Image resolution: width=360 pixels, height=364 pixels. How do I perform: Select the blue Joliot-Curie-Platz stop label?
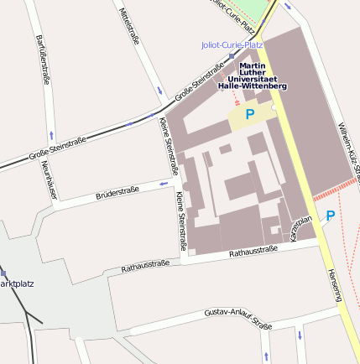pos(232,44)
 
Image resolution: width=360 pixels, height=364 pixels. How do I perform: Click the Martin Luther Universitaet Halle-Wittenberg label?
pos(252,75)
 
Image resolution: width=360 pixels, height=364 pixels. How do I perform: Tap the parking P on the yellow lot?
pos(249,113)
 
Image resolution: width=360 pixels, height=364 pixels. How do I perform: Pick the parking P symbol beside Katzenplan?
pos(330,216)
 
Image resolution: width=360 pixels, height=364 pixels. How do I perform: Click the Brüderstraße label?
pos(117,192)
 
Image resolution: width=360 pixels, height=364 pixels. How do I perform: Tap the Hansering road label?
pos(334,285)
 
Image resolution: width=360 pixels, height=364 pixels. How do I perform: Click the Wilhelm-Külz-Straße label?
pos(347,151)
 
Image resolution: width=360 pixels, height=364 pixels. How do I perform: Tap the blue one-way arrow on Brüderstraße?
pos(164,182)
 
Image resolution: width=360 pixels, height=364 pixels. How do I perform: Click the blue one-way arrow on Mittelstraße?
pos(158,90)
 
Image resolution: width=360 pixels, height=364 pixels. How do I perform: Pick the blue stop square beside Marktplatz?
pos(3,273)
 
